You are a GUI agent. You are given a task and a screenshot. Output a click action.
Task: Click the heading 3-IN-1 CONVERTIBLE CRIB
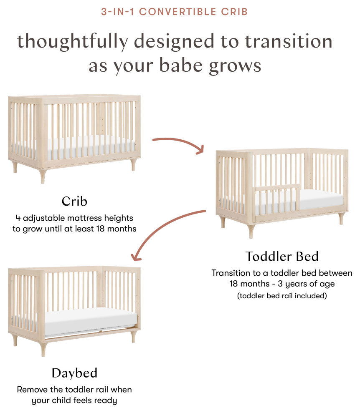[175, 12]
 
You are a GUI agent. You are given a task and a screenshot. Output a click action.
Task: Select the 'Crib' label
[74, 201]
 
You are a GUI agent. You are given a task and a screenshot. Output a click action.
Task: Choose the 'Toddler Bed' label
[282, 256]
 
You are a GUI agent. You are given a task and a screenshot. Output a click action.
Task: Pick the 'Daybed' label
[74, 373]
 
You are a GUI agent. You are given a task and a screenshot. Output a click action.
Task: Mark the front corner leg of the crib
[43, 175]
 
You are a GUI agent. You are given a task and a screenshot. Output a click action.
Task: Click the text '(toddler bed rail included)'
[282, 296]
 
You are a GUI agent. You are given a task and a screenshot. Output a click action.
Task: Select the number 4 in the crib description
[18, 218]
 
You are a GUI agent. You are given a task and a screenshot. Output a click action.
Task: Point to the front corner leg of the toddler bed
[251, 231]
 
